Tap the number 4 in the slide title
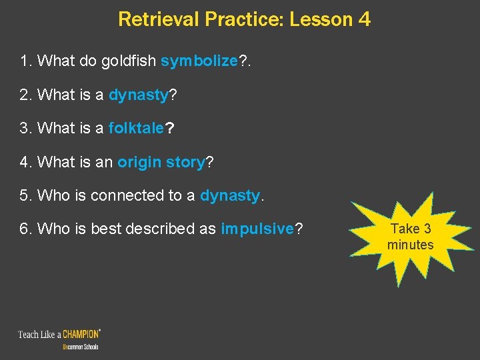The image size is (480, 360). [364, 19]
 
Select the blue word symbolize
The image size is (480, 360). [199, 61]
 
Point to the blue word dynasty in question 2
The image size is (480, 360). [139, 95]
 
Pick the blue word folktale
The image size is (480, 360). [136, 129]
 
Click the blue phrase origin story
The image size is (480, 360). [162, 162]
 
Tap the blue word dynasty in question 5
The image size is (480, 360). [230, 195]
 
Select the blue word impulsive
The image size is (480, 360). [257, 229]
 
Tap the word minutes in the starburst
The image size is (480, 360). [410, 245]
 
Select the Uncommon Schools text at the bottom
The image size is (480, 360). [80, 347]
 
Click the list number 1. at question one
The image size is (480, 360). [26, 61]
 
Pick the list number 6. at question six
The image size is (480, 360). [26, 229]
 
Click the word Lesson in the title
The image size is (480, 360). [322, 19]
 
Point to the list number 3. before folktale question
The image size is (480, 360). [26, 129]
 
